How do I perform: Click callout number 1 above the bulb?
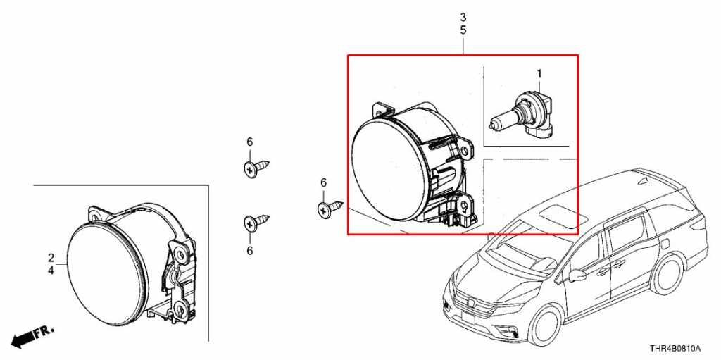[x=539, y=73]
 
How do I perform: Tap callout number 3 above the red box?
[x=463, y=18]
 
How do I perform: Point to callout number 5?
[x=463, y=30]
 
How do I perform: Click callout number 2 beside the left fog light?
[x=51, y=258]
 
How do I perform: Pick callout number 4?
[x=51, y=271]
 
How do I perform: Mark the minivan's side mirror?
[x=577, y=275]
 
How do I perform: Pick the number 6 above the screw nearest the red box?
[x=323, y=182]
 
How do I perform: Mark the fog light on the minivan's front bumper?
[x=509, y=330]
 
